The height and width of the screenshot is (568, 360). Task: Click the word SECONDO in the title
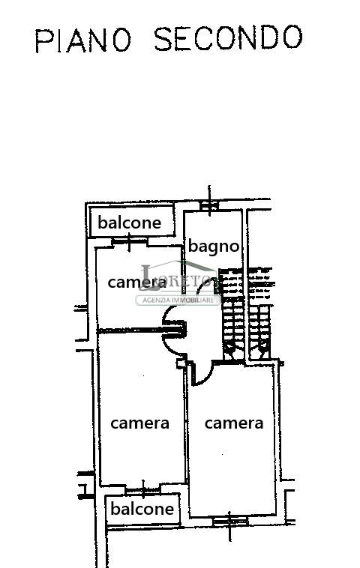tap(229, 37)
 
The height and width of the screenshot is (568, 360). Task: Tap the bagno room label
tap(214, 247)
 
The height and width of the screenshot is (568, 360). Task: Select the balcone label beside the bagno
tap(130, 223)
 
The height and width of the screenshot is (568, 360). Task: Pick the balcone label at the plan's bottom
tap(142, 509)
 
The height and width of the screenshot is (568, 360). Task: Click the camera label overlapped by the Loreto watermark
tap(137, 283)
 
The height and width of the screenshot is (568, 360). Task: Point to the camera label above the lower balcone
tap(139, 423)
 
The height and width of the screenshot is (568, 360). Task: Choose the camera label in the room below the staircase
tap(234, 423)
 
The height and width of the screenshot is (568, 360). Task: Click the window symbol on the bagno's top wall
tap(209, 205)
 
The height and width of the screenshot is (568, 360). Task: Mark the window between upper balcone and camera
tap(130, 242)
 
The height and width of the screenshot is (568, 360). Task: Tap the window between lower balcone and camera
tap(142, 490)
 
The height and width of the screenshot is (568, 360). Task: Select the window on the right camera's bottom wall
tap(229, 522)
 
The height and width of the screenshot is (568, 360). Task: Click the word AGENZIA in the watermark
tap(156, 300)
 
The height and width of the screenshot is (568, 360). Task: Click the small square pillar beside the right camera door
tap(181, 363)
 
